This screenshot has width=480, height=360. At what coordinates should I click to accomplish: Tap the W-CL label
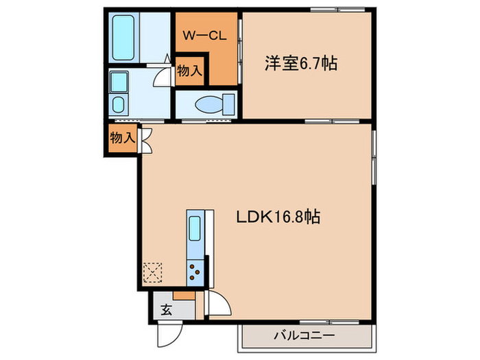click(x=205, y=36)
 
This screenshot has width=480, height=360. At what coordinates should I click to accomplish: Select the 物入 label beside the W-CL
click(x=189, y=71)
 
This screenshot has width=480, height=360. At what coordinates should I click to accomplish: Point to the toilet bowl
click(x=206, y=105)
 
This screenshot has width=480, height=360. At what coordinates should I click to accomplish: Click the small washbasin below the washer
click(x=118, y=105)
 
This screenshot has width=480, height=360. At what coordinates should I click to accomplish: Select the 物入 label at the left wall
click(x=122, y=137)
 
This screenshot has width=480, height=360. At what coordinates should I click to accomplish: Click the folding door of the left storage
click(x=145, y=138)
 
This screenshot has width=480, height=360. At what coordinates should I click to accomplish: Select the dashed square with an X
click(x=152, y=273)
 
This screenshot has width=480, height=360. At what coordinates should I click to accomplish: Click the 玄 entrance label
click(x=166, y=309)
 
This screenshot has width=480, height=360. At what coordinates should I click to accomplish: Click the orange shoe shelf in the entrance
click(x=183, y=296)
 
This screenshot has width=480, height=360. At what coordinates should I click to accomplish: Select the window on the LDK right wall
click(x=374, y=157)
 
